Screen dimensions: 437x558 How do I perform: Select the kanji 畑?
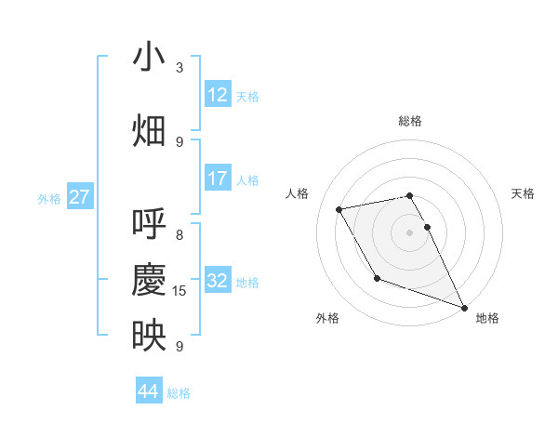tap(149, 130)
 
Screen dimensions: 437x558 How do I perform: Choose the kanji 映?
tap(149, 336)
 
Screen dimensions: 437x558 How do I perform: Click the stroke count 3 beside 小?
tap(179, 68)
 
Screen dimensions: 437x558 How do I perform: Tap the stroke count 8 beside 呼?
tap(179, 235)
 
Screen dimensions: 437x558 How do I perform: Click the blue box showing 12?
tap(217, 94)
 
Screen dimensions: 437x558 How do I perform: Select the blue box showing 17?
tap(217, 178)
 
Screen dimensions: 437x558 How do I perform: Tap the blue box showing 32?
tap(217, 281)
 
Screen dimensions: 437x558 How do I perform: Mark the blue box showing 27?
tap(80, 197)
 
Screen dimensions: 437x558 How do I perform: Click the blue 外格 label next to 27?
tap(49, 198)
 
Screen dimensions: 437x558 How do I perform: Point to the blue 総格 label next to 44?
tap(179, 393)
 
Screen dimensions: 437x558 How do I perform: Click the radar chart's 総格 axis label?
tap(410, 121)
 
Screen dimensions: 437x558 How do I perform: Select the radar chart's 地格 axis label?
tap(487, 318)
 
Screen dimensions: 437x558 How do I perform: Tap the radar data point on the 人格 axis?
tap(339, 209)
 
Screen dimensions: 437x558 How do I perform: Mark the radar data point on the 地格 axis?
tap(464, 307)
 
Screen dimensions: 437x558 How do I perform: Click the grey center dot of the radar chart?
tap(410, 232)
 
